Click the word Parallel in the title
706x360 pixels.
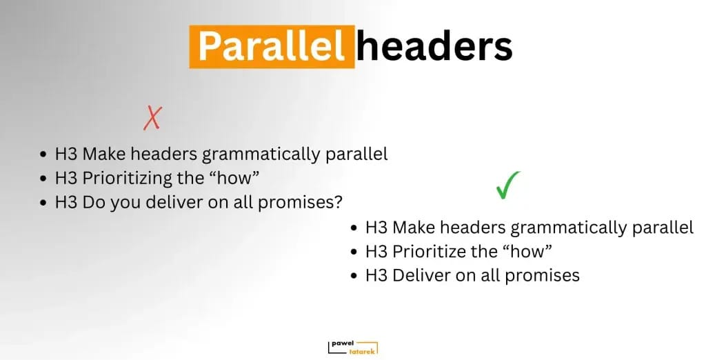click(271, 47)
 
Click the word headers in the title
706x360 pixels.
click(434, 47)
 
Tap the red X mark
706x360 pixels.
click(152, 118)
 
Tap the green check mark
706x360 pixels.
click(508, 185)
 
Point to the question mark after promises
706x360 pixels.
click(339, 201)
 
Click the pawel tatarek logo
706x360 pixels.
click(353, 347)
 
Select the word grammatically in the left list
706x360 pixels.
click(261, 154)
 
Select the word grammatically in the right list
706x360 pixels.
click(568, 228)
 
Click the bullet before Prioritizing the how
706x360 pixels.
click(43, 179)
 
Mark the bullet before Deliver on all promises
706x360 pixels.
click(354, 276)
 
